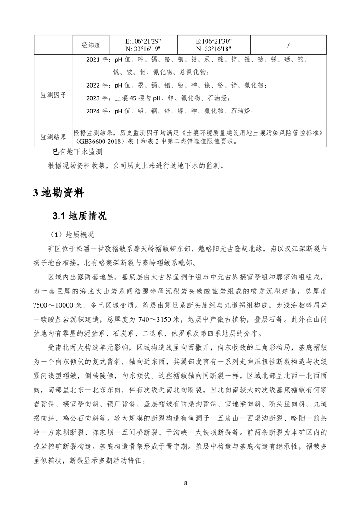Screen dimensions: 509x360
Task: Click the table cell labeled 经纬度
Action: tap(91, 45)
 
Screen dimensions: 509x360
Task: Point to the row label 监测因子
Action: tap(54, 95)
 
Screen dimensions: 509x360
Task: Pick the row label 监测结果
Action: tap(54, 137)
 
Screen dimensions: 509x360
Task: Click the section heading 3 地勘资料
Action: tap(58, 193)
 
